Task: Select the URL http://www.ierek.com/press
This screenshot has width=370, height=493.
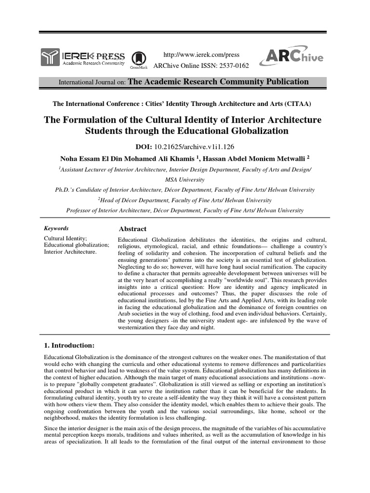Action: pos(202,54)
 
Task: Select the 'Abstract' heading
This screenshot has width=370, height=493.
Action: pos(132,229)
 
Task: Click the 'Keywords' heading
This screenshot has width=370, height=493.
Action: pos(56,229)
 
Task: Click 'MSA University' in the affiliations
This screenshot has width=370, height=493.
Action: pos(185,180)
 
